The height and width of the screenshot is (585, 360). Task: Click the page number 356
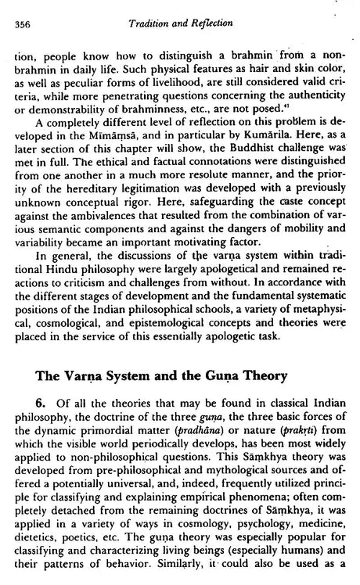(25, 24)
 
